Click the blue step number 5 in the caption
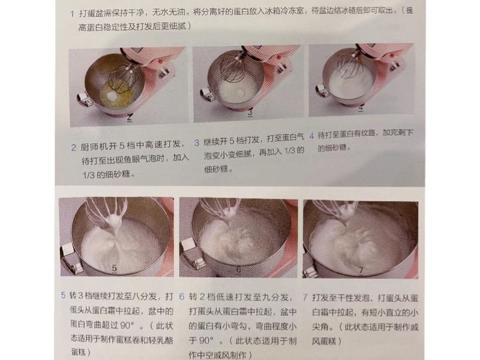point(64,296)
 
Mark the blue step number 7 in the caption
point(305,296)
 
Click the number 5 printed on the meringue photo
point(114,269)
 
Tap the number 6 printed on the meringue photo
point(238,271)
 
